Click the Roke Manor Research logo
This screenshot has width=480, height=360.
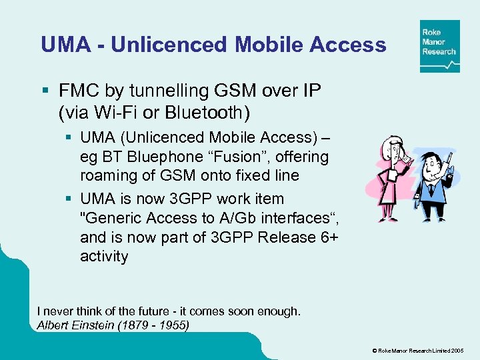pos(439,46)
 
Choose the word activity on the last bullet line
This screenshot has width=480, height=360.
pos(104,257)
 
